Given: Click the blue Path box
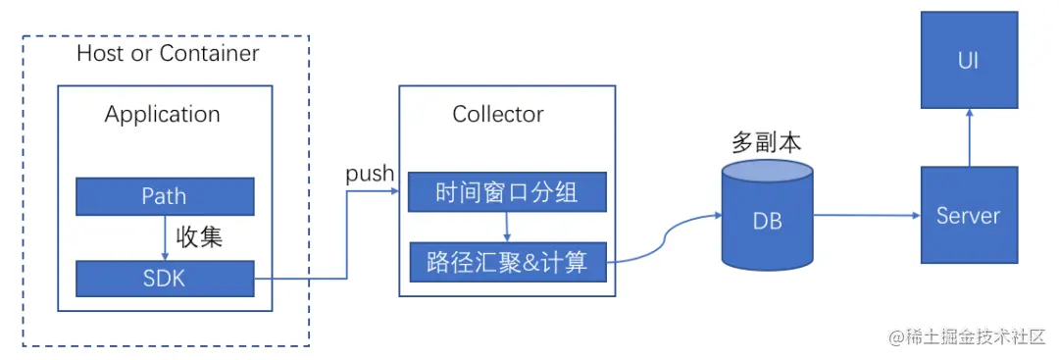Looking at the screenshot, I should [165, 197].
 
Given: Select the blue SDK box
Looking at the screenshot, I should [165, 279].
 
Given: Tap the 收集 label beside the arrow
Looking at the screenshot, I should [199, 237].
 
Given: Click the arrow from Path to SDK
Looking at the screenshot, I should [165, 237].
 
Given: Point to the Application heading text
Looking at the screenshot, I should [163, 115].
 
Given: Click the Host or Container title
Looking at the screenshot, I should [168, 53].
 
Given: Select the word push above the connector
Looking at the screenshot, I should [370, 174].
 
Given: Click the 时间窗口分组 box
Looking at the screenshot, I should [507, 193].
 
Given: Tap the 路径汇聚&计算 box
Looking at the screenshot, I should [507, 262].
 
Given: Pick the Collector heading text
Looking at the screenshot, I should [498, 115].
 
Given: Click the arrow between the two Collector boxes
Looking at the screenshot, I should [507, 227].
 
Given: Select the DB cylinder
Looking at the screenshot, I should [767, 218].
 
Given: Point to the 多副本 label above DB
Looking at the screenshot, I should [767, 143].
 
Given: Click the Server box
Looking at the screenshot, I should [969, 215].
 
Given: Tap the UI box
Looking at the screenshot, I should [969, 62].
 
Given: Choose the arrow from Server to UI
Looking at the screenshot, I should [969, 137].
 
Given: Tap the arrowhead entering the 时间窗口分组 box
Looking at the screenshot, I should [403, 191].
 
